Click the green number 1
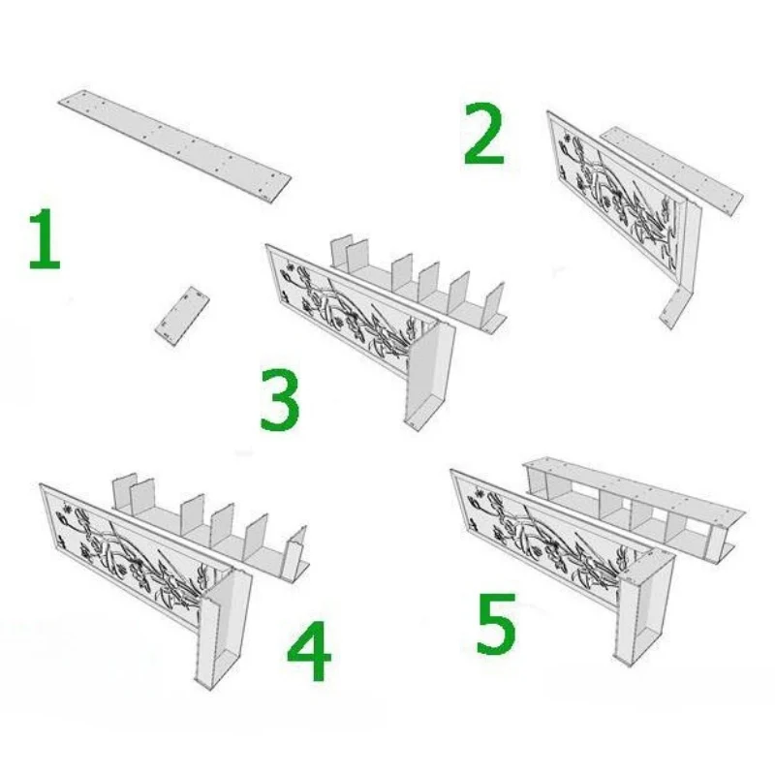[45, 238]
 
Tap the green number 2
[483, 134]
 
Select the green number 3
[280, 399]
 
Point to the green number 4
[309, 650]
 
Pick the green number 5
[496, 625]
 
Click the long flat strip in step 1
[175, 145]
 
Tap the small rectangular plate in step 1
[182, 316]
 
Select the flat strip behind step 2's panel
[672, 170]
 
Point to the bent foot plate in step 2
[673, 308]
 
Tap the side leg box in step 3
[429, 376]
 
